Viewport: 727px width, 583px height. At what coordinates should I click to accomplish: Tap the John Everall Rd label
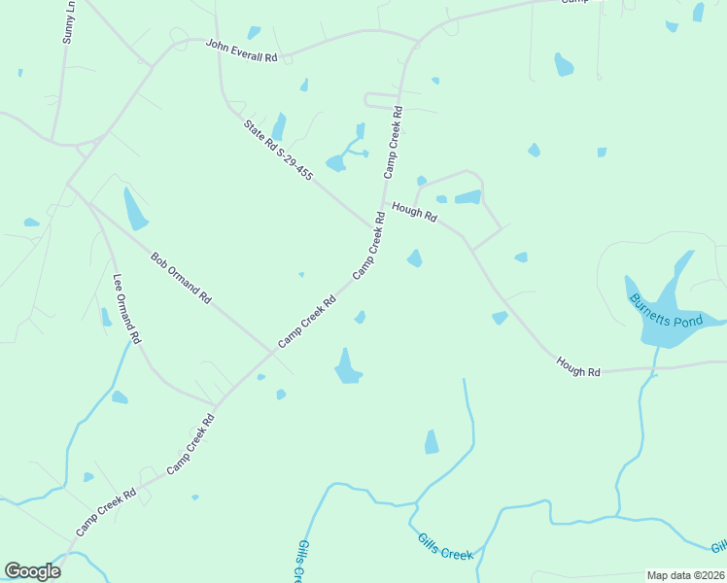[241, 51]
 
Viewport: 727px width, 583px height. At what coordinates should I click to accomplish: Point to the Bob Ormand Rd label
[181, 278]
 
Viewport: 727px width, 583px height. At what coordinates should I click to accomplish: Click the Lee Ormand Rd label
[127, 310]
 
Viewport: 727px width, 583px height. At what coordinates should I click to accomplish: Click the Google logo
[32, 571]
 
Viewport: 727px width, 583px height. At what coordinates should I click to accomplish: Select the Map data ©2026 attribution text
[686, 575]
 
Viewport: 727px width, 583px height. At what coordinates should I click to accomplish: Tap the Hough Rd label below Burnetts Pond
[578, 366]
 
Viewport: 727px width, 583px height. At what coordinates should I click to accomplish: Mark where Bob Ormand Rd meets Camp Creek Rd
[272, 351]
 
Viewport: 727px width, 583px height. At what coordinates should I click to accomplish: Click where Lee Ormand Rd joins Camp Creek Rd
[216, 403]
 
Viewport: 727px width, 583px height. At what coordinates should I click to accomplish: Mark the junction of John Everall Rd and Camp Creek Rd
[418, 44]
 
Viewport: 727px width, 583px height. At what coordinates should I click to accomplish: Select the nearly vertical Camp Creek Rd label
[394, 142]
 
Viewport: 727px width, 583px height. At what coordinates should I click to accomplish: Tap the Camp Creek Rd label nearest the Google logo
[107, 513]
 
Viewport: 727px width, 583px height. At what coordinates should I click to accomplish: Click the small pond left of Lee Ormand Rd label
[105, 317]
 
